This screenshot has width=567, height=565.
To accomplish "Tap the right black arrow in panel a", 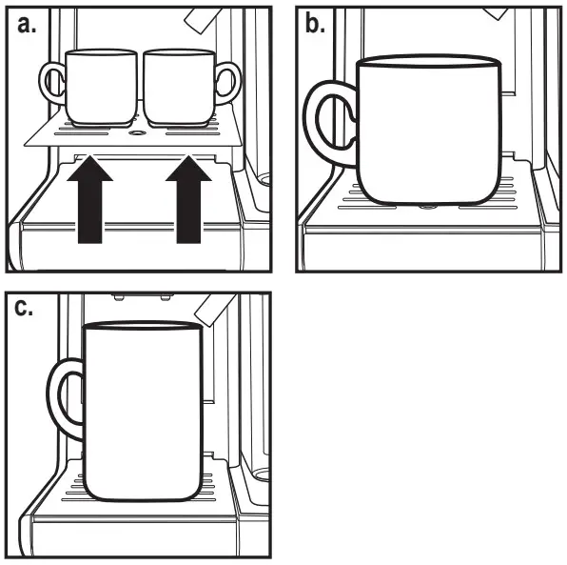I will point(190,201).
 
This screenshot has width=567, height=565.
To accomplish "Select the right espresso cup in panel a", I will point(177,87).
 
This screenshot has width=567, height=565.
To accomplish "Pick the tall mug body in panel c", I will point(143,410).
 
